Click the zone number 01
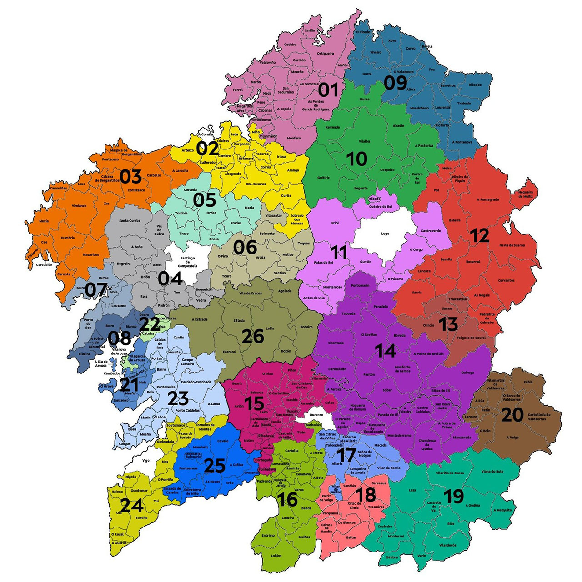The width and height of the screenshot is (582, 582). click(328, 90)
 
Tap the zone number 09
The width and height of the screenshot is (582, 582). click(395, 83)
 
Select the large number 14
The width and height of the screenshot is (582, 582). click(386, 351)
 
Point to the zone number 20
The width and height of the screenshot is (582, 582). click(512, 414)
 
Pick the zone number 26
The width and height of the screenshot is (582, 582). click(253, 337)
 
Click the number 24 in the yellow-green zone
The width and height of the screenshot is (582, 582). click(132, 505)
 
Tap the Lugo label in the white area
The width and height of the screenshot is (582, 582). click(385, 234)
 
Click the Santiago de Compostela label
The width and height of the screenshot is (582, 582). click(187, 262)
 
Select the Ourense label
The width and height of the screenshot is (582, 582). click(316, 415)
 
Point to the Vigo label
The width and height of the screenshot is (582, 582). click(145, 460)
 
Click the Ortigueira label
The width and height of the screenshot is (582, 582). click(326, 53)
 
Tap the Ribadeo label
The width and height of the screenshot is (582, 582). click(475, 85)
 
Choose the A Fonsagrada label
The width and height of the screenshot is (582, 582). click(487, 199)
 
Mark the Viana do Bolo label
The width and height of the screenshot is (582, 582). click(492, 471)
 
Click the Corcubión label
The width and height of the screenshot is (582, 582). click(44, 264)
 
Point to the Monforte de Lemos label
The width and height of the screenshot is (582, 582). click(402, 369)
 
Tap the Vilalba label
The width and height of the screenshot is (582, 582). click(364, 141)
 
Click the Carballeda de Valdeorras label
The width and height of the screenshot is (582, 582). click(539, 417)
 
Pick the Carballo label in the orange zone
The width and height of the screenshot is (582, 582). click(154, 175)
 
